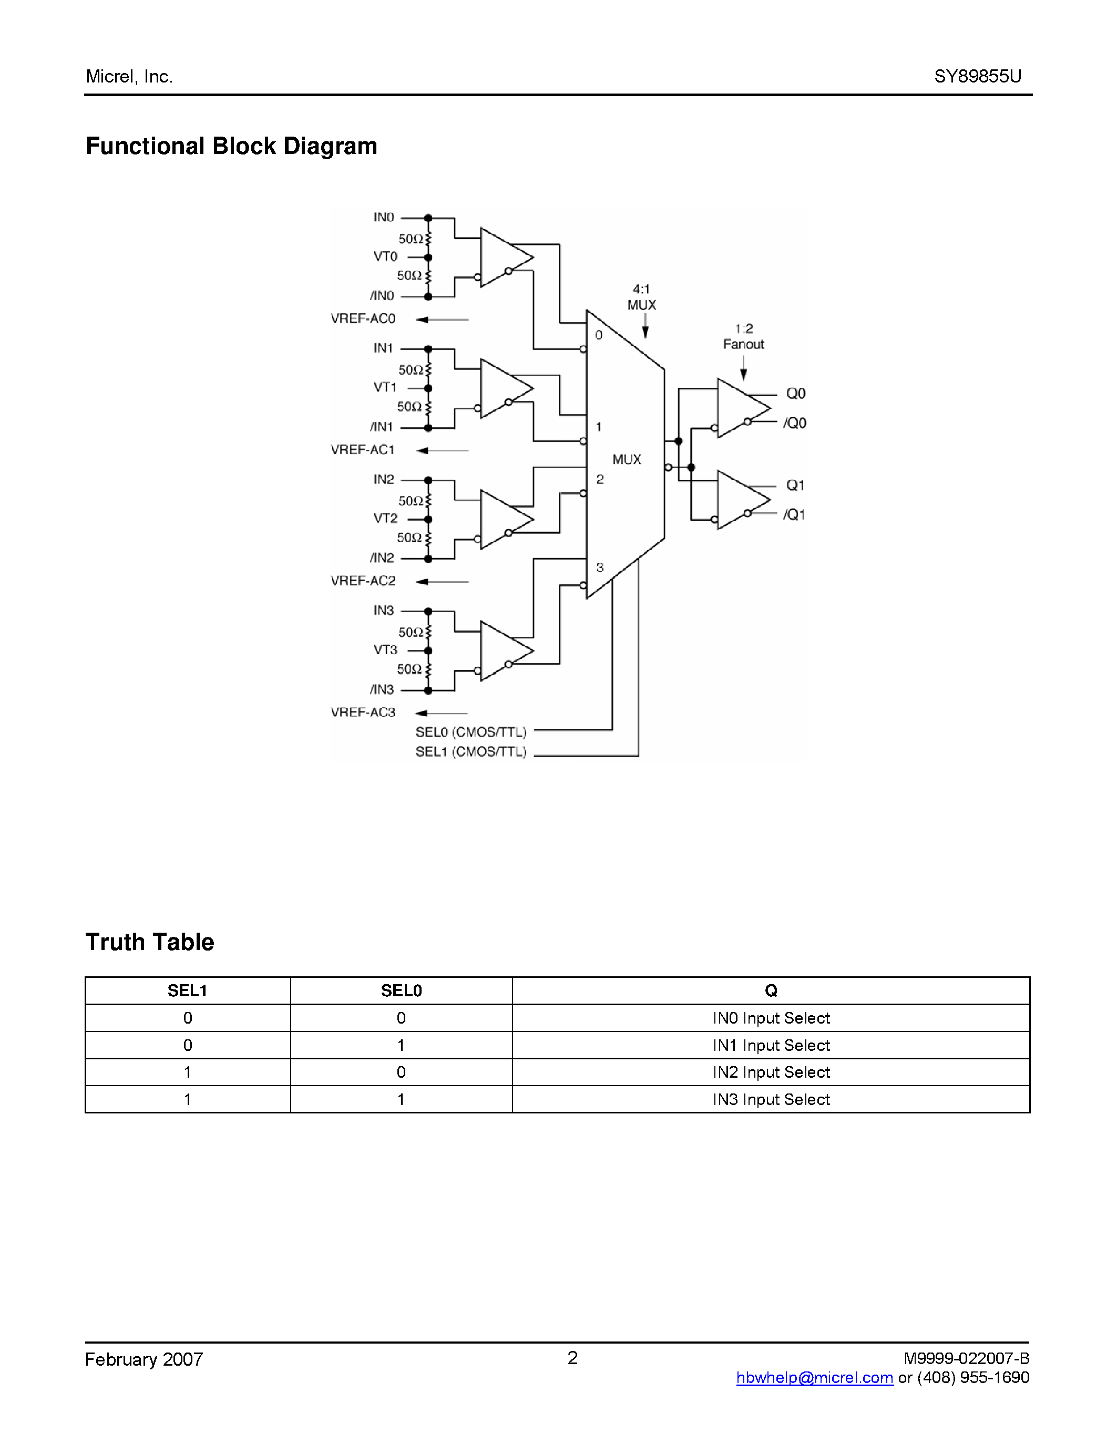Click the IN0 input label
point(383,217)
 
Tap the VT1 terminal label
point(385,387)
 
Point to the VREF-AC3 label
point(363,712)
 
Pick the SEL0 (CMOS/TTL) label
point(470,732)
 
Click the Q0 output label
point(795,394)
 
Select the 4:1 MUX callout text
point(641,297)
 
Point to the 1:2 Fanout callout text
point(743,336)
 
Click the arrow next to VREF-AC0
point(442,319)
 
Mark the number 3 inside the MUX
point(600,567)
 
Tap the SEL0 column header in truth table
point(401,990)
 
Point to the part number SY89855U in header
point(977,76)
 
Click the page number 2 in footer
point(572,1358)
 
